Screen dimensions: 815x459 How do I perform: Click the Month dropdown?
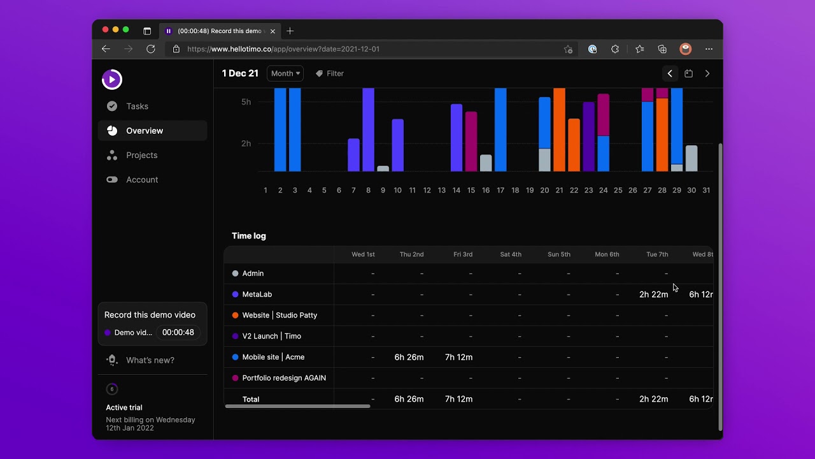click(x=285, y=73)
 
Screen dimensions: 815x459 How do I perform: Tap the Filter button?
click(x=330, y=73)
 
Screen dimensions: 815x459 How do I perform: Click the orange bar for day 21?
click(x=559, y=129)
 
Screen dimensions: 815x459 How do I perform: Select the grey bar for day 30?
click(x=691, y=159)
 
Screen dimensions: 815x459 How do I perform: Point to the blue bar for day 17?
click(x=500, y=129)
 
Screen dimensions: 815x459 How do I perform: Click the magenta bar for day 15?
click(x=471, y=142)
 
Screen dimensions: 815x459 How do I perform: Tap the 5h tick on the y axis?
click(x=246, y=102)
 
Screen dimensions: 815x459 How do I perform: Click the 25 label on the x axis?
click(x=618, y=190)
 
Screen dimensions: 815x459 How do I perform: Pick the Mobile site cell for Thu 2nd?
click(x=409, y=358)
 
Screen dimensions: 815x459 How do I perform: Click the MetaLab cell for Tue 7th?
click(x=653, y=295)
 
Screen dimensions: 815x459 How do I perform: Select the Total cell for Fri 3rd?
click(x=458, y=399)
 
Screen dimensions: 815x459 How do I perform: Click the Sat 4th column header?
click(x=511, y=254)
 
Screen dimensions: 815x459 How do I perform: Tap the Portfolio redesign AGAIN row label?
click(x=284, y=378)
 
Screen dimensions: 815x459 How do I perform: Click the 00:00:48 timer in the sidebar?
click(x=178, y=332)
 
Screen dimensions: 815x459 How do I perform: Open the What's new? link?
click(x=150, y=360)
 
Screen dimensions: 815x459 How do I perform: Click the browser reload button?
click(x=151, y=49)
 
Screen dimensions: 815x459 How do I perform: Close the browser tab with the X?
click(x=273, y=31)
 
